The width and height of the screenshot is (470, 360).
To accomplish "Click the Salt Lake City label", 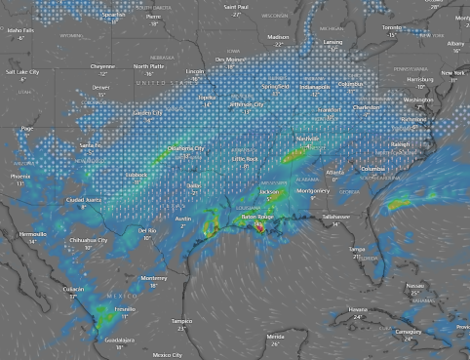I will click(x=22, y=72).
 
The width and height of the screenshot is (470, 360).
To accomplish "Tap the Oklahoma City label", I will click(x=185, y=148).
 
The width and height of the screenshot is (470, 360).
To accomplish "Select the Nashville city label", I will click(x=307, y=140).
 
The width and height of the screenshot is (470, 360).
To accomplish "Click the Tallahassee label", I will click(x=335, y=216).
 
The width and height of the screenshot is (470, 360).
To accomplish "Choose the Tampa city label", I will click(x=358, y=249).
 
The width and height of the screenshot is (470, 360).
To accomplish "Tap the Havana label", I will click(x=358, y=309).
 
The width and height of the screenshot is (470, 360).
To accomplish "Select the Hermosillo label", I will click(x=32, y=234).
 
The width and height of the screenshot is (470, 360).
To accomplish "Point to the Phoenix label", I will click(x=20, y=177).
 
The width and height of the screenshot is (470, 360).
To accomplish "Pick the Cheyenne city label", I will click(x=102, y=66).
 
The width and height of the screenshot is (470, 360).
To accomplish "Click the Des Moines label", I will click(x=230, y=60).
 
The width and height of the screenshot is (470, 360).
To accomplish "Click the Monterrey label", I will click(x=154, y=278).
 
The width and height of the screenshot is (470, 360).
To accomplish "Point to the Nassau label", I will click(x=414, y=285).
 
